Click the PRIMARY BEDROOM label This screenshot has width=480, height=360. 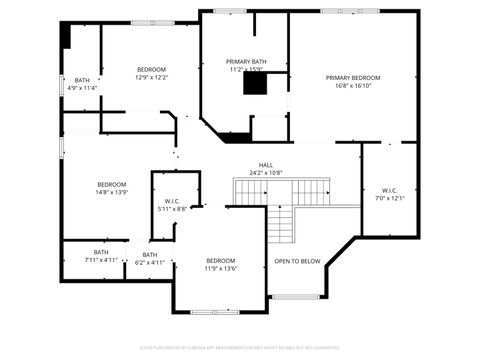[353, 77]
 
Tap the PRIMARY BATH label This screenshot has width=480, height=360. [245, 61]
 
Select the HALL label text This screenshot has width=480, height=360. [266, 165]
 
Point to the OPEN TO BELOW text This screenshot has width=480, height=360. [297, 261]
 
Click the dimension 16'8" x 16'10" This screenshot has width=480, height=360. [353, 86]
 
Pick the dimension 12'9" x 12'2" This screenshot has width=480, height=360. [152, 77]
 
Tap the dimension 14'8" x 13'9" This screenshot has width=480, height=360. [112, 192]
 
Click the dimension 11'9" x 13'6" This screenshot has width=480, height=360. [221, 268]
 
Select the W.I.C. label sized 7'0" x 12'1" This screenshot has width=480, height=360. [390, 190]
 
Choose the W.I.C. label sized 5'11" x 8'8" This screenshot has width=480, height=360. [172, 200]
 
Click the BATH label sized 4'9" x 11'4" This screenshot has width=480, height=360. [82, 79]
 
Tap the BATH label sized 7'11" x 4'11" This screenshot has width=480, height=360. [101, 252]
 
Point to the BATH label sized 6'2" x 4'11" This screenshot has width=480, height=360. [150, 254]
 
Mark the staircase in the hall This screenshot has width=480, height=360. [282, 191]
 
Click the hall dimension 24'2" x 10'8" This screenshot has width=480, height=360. [266, 173]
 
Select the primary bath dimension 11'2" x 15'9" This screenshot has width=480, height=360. [245, 69]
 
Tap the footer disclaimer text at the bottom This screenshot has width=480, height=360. [240, 347]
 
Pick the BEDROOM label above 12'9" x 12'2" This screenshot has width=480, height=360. [152, 68]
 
